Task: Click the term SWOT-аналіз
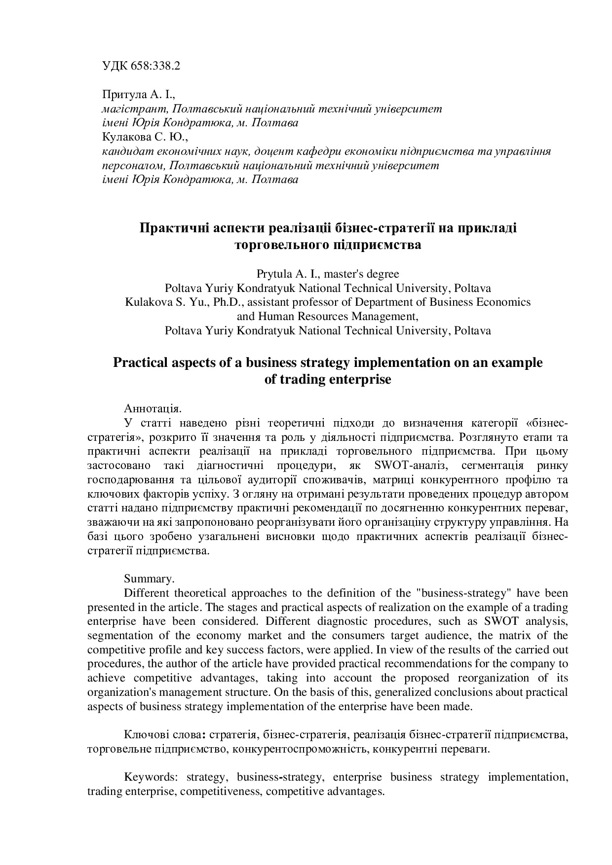[410, 466]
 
